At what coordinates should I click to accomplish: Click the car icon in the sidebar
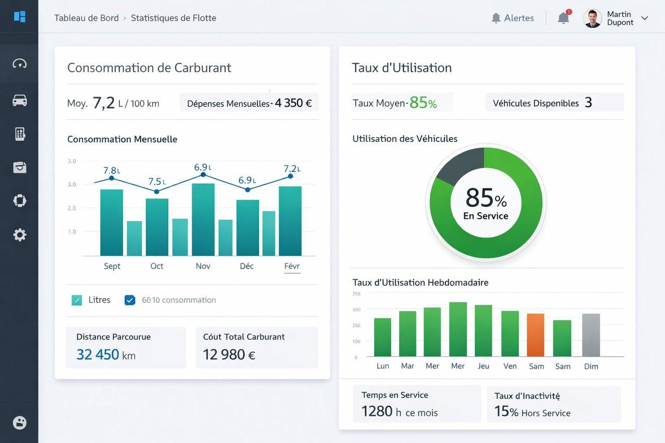[x=20, y=100]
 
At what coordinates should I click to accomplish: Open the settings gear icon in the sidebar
[x=20, y=235]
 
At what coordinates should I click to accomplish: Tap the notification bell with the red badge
[x=564, y=18]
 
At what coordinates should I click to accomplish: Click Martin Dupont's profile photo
[x=592, y=18]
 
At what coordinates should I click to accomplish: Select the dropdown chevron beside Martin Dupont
[x=645, y=18]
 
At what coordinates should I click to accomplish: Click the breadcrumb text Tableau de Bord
[x=86, y=18]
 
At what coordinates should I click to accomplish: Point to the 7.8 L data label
[x=112, y=170]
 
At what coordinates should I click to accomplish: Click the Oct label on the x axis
[x=157, y=266]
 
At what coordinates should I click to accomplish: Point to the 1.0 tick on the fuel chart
[x=72, y=232]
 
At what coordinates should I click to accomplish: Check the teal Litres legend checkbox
[x=77, y=300]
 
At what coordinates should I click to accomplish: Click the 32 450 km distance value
[x=106, y=354]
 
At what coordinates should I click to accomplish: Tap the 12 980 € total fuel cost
[x=229, y=354]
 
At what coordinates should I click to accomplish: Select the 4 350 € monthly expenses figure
[x=293, y=103]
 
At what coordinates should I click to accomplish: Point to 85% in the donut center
[x=486, y=198]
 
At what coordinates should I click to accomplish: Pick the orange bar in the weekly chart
[x=536, y=335]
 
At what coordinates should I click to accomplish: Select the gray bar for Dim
[x=591, y=335]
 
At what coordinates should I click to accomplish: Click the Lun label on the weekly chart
[x=383, y=366]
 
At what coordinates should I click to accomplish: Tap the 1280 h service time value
[x=381, y=411]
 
